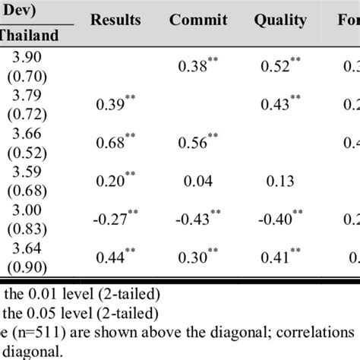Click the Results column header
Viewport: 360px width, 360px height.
[x=115, y=20]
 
